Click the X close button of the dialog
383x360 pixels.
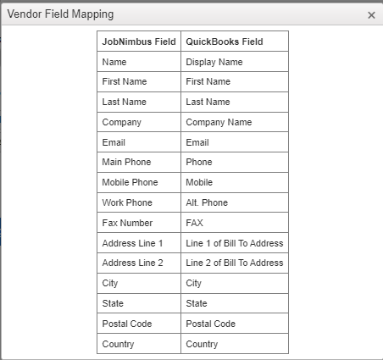(x=371, y=15)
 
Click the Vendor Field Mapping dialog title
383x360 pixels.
(x=60, y=14)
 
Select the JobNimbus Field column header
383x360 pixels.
(x=139, y=42)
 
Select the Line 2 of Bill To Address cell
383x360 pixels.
(x=235, y=263)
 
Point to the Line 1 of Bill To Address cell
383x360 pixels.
(x=235, y=243)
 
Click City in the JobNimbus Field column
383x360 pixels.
(x=110, y=283)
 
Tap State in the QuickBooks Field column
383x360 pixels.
(x=197, y=303)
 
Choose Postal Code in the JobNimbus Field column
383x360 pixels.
(x=127, y=324)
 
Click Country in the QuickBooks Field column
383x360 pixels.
(x=202, y=344)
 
